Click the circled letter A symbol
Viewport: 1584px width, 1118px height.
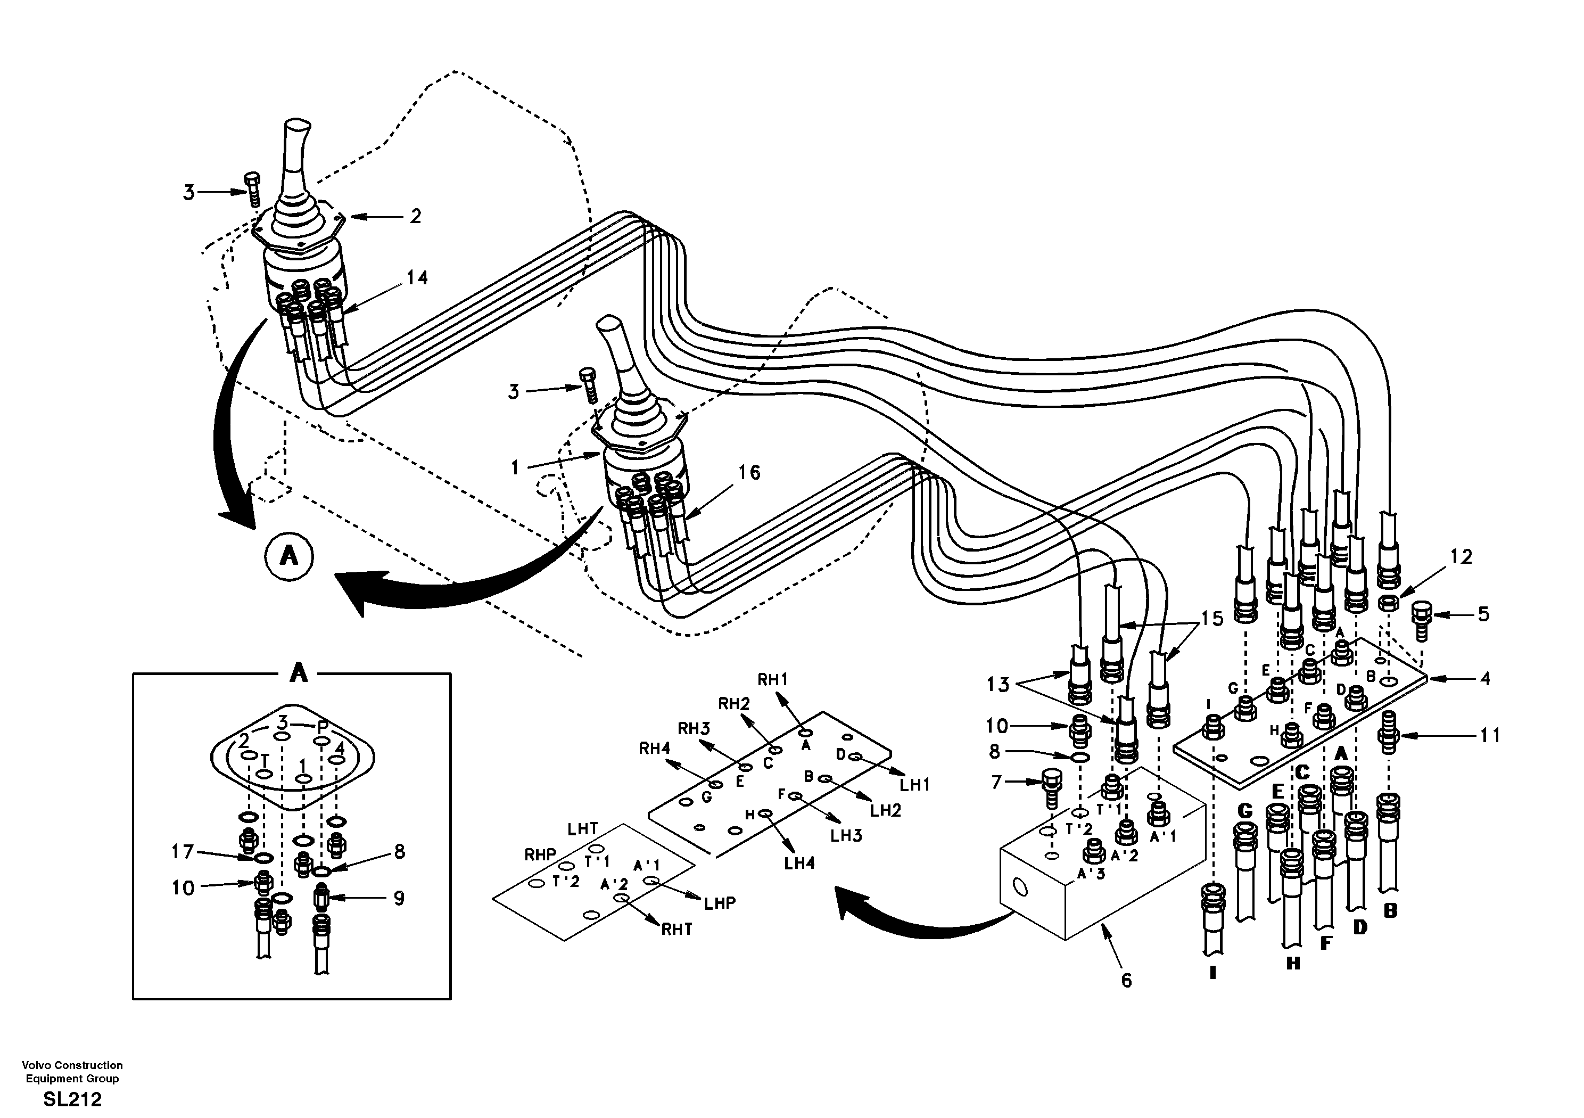pyautogui.click(x=288, y=556)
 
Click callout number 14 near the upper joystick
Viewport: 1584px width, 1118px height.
pyautogui.click(x=417, y=278)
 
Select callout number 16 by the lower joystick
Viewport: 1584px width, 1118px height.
pyautogui.click(x=749, y=473)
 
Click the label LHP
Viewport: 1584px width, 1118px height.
pyautogui.click(x=720, y=903)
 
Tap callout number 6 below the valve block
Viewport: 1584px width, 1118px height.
pyautogui.click(x=1126, y=981)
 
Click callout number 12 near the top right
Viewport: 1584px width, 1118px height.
pyautogui.click(x=1461, y=557)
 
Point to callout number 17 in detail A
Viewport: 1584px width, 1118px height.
pyautogui.click(x=182, y=852)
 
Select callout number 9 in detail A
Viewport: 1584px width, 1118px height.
pyautogui.click(x=398, y=899)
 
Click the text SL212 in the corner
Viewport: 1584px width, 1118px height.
pyautogui.click(x=72, y=1099)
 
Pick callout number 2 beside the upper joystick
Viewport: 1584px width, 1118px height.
pyautogui.click(x=415, y=216)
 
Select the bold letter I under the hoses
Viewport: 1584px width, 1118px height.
pyautogui.click(x=1213, y=974)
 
